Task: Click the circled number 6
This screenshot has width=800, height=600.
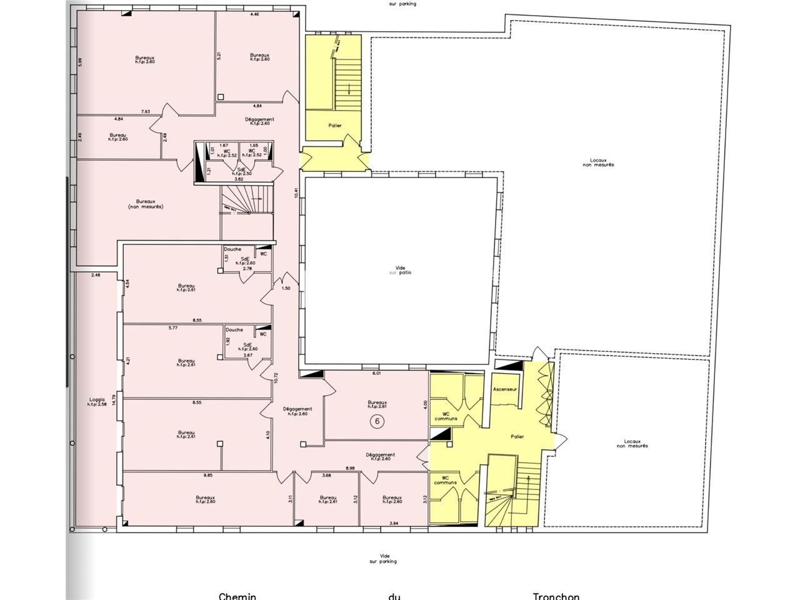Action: [377, 421]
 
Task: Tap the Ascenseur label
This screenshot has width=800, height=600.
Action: [505, 389]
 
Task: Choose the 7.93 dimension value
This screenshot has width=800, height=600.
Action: [145, 112]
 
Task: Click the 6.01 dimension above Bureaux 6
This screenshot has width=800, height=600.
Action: [376, 373]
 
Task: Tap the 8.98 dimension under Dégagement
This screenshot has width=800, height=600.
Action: [351, 468]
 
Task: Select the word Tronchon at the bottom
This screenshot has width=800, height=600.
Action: [556, 596]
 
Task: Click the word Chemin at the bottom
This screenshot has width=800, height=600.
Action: [237, 596]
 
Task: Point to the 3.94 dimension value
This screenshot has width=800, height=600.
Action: [394, 522]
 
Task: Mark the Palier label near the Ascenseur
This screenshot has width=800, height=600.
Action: [517, 437]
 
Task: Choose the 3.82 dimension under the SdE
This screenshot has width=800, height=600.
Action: [238, 179]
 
